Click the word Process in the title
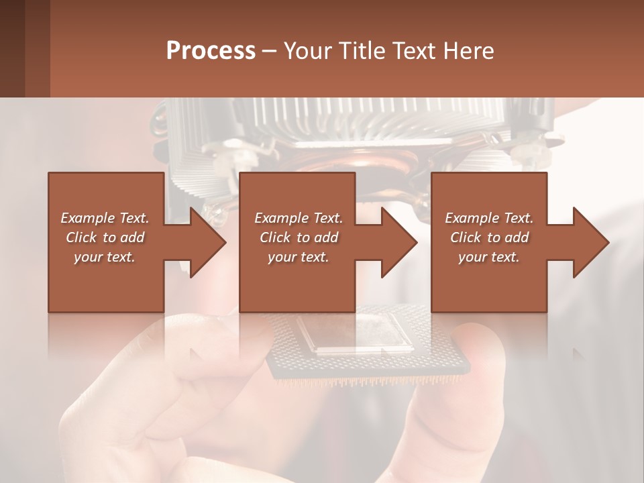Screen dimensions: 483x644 [211, 51]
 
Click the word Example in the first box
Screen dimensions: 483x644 [87, 218]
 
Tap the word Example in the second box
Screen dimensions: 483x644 [281, 218]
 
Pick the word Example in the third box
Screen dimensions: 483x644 [472, 218]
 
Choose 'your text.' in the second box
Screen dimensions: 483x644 [299, 257]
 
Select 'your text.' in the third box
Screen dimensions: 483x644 [489, 257]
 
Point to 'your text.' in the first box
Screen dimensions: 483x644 [105, 257]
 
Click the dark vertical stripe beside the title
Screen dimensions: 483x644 [38, 48]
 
